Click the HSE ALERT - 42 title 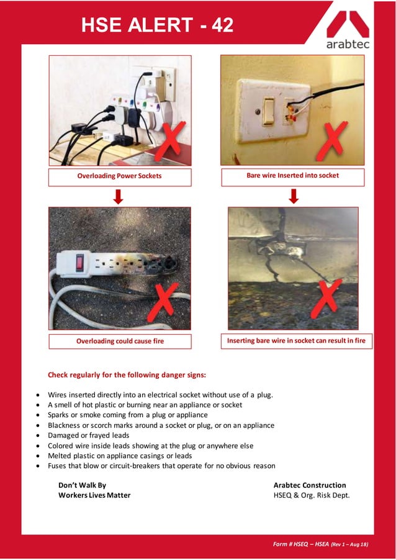158,25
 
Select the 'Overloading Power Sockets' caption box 119,176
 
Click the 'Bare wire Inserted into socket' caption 292,176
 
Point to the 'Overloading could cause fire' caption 120,341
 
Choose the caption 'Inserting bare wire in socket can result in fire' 296,341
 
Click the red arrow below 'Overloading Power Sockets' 119,196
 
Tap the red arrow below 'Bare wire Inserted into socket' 294,196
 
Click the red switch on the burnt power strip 80,263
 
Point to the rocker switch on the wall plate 268,112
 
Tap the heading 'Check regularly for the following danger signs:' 127,375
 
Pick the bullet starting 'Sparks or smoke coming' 128,415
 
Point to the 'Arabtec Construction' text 310,485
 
